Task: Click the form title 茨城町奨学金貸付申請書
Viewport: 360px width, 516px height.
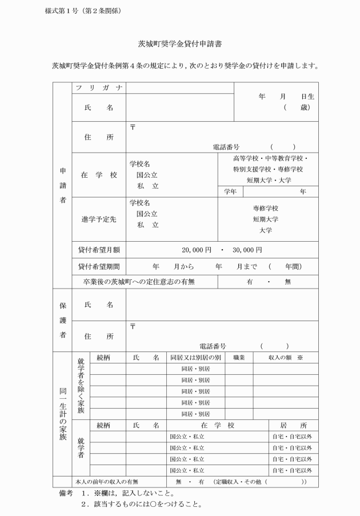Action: (180, 43)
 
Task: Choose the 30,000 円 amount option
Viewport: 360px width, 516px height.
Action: (247, 250)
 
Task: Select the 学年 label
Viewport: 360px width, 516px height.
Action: (230, 192)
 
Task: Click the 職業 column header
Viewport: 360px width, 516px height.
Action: (239, 357)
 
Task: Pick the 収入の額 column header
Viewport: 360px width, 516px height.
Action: (281, 357)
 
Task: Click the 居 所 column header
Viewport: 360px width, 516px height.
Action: (294, 425)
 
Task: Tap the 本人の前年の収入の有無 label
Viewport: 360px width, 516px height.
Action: (109, 481)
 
